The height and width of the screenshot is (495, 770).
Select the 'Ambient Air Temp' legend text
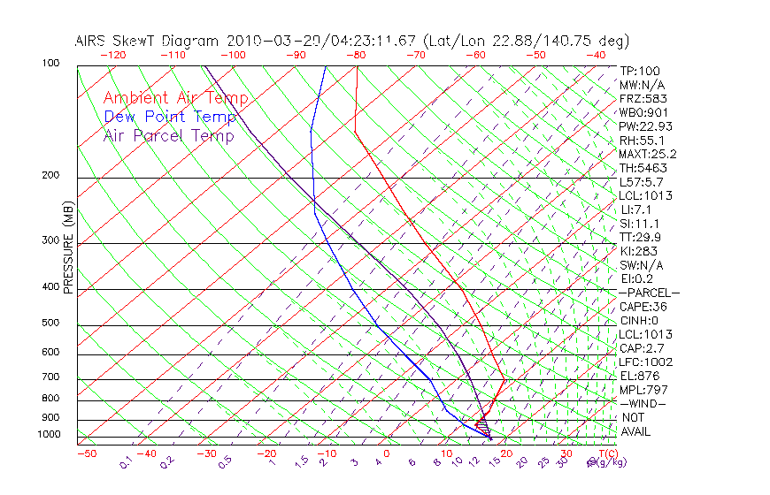point(175,98)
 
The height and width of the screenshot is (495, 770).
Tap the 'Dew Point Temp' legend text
point(170,117)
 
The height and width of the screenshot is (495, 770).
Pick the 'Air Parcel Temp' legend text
point(168,135)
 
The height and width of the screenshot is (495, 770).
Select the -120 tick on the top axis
point(112,55)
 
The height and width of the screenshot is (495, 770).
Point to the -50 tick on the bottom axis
point(86,453)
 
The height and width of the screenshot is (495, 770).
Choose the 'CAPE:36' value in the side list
point(643,307)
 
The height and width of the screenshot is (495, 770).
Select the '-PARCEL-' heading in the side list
point(649,293)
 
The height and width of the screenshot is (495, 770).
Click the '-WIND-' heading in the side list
point(643,403)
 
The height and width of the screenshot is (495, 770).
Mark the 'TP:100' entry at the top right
point(640,71)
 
